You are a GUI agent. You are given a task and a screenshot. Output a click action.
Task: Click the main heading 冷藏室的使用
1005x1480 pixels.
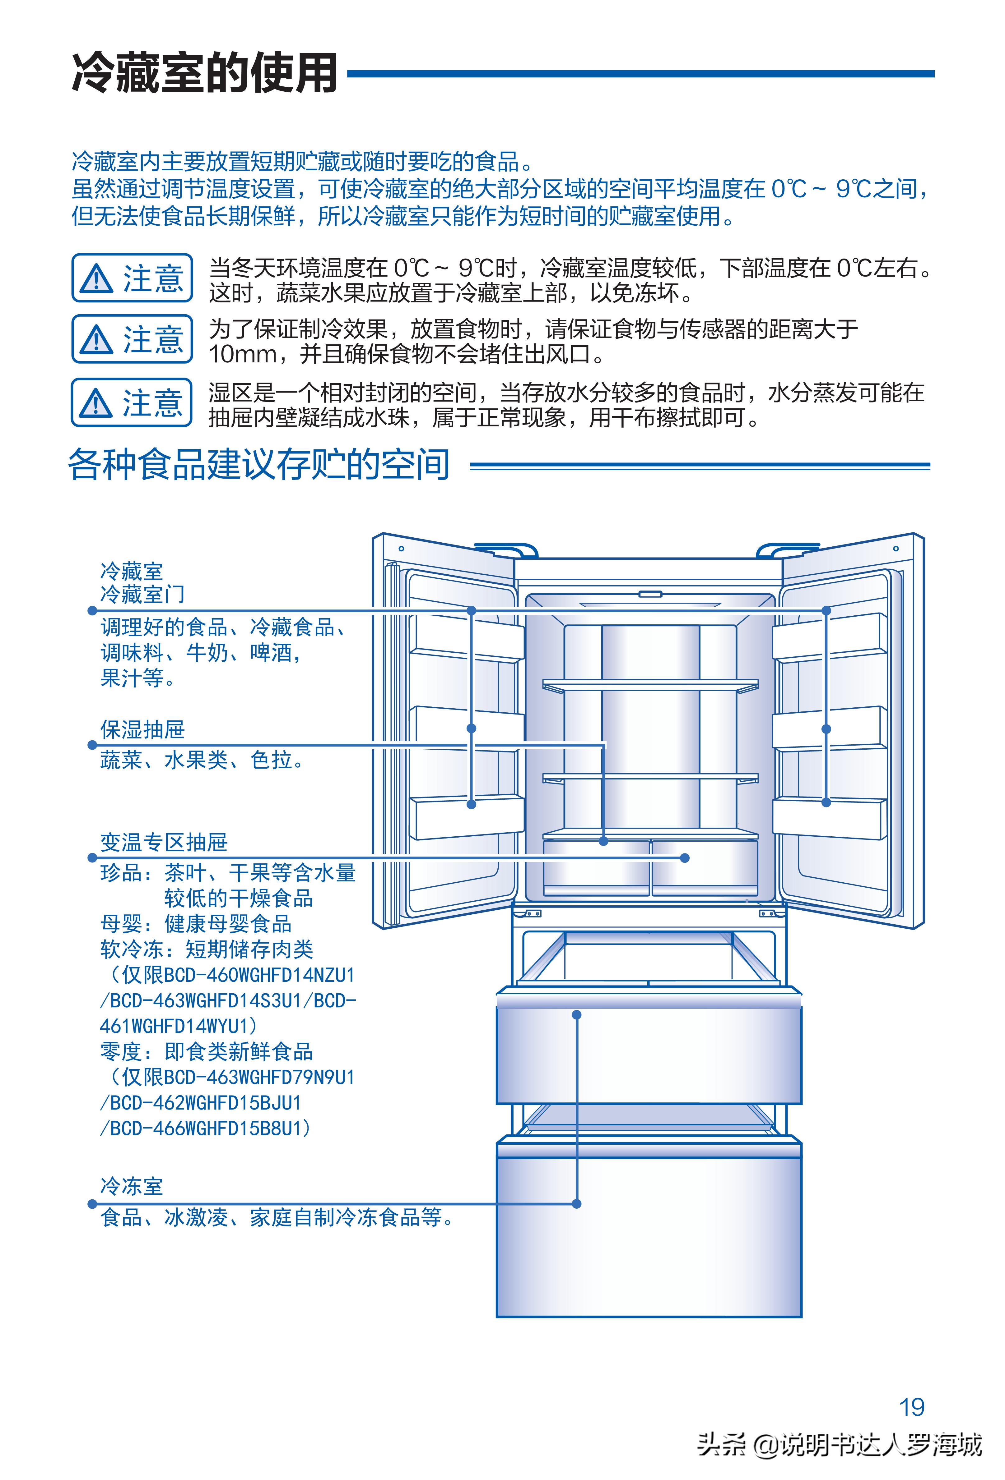click(204, 73)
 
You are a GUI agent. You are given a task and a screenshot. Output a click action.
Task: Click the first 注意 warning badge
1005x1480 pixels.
click(132, 278)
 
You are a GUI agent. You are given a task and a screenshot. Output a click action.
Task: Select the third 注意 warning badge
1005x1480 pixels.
click(132, 402)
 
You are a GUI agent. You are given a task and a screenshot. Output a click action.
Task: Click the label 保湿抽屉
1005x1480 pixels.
click(142, 729)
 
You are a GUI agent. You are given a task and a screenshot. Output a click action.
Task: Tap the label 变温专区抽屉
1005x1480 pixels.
click(164, 842)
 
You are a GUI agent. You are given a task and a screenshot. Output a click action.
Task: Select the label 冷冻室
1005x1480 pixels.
click(131, 1186)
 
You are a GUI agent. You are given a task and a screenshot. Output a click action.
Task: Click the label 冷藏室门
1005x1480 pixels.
click(142, 594)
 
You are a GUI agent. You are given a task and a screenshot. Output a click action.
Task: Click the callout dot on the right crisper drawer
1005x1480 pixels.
click(684, 858)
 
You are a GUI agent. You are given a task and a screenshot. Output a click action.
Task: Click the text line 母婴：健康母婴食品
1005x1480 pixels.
click(196, 923)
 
